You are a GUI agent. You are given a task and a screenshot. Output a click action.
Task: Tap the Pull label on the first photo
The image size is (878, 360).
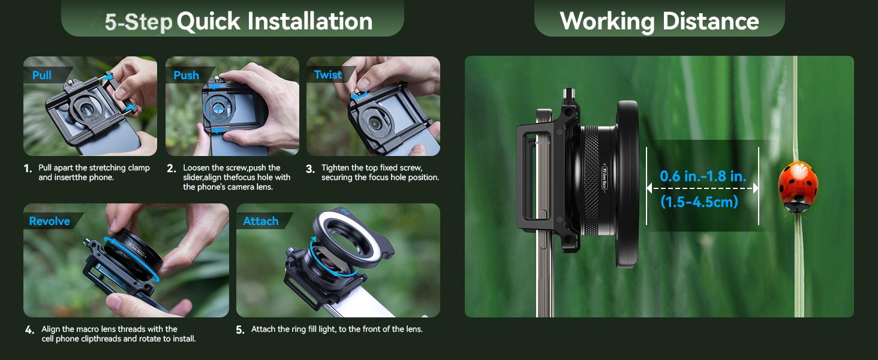42,75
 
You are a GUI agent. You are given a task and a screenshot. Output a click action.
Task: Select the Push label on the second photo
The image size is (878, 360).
186,75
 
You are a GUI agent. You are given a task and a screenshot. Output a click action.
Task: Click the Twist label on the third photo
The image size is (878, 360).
328,74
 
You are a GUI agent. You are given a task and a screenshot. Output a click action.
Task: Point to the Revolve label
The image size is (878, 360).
49,221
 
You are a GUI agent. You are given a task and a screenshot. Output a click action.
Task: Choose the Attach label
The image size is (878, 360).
261,221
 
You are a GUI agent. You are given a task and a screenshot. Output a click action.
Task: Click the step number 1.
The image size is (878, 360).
28,169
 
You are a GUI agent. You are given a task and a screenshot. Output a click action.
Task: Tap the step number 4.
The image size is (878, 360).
29,330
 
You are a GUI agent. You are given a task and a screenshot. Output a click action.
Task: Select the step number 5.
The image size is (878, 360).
240,330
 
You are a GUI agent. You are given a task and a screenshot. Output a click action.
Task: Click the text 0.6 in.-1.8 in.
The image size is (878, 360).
703,176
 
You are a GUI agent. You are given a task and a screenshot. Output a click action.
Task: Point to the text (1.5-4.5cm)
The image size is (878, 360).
699,202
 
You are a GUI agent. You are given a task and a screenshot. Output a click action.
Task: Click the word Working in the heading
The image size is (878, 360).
606,21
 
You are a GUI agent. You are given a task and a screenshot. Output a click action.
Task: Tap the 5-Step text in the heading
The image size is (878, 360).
139,22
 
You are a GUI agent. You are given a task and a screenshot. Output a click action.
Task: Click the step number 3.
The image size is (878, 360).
310,169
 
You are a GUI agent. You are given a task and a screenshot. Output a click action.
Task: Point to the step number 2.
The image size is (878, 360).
172,169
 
